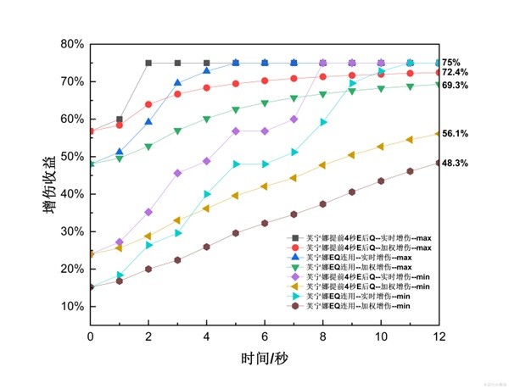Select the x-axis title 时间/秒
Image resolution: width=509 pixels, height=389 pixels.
point(264,359)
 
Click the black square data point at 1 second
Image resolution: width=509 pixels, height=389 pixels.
point(120,119)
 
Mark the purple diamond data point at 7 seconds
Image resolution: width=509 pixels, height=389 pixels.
point(294,119)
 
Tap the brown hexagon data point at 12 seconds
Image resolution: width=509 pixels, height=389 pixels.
point(439,163)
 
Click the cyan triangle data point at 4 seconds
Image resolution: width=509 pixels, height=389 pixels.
point(207,194)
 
